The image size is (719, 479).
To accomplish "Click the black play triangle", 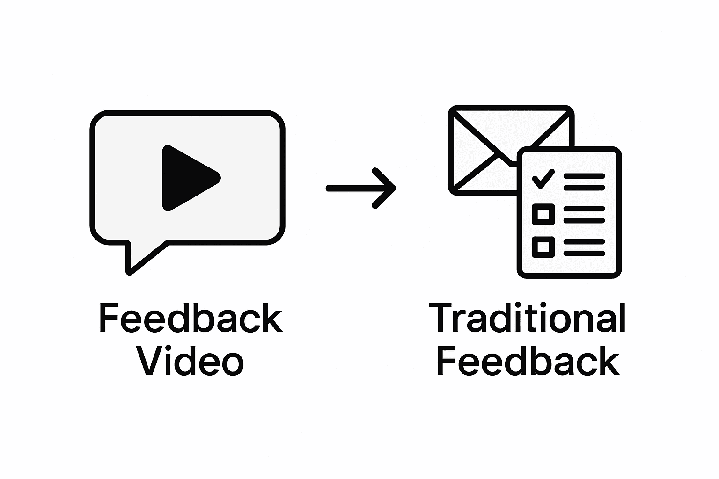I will click(187, 178).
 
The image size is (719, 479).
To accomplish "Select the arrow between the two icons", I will click(360, 189).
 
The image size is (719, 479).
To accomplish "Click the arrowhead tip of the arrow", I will click(394, 189).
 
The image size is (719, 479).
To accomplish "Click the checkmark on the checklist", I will click(543, 179).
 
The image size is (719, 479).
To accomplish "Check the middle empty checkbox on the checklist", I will click(543, 214).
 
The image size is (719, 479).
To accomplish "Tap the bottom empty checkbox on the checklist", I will click(543, 247).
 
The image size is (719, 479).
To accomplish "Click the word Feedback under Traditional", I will click(528, 362).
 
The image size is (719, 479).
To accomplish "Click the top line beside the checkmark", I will click(584, 176).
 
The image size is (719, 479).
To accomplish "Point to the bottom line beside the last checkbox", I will click(584, 253).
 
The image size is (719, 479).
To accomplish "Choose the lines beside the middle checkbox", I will click(584, 214).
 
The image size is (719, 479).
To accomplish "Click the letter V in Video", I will click(151, 362).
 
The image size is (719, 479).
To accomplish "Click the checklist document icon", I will click(569, 213).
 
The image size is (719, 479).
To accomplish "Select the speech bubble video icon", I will click(187, 187).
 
